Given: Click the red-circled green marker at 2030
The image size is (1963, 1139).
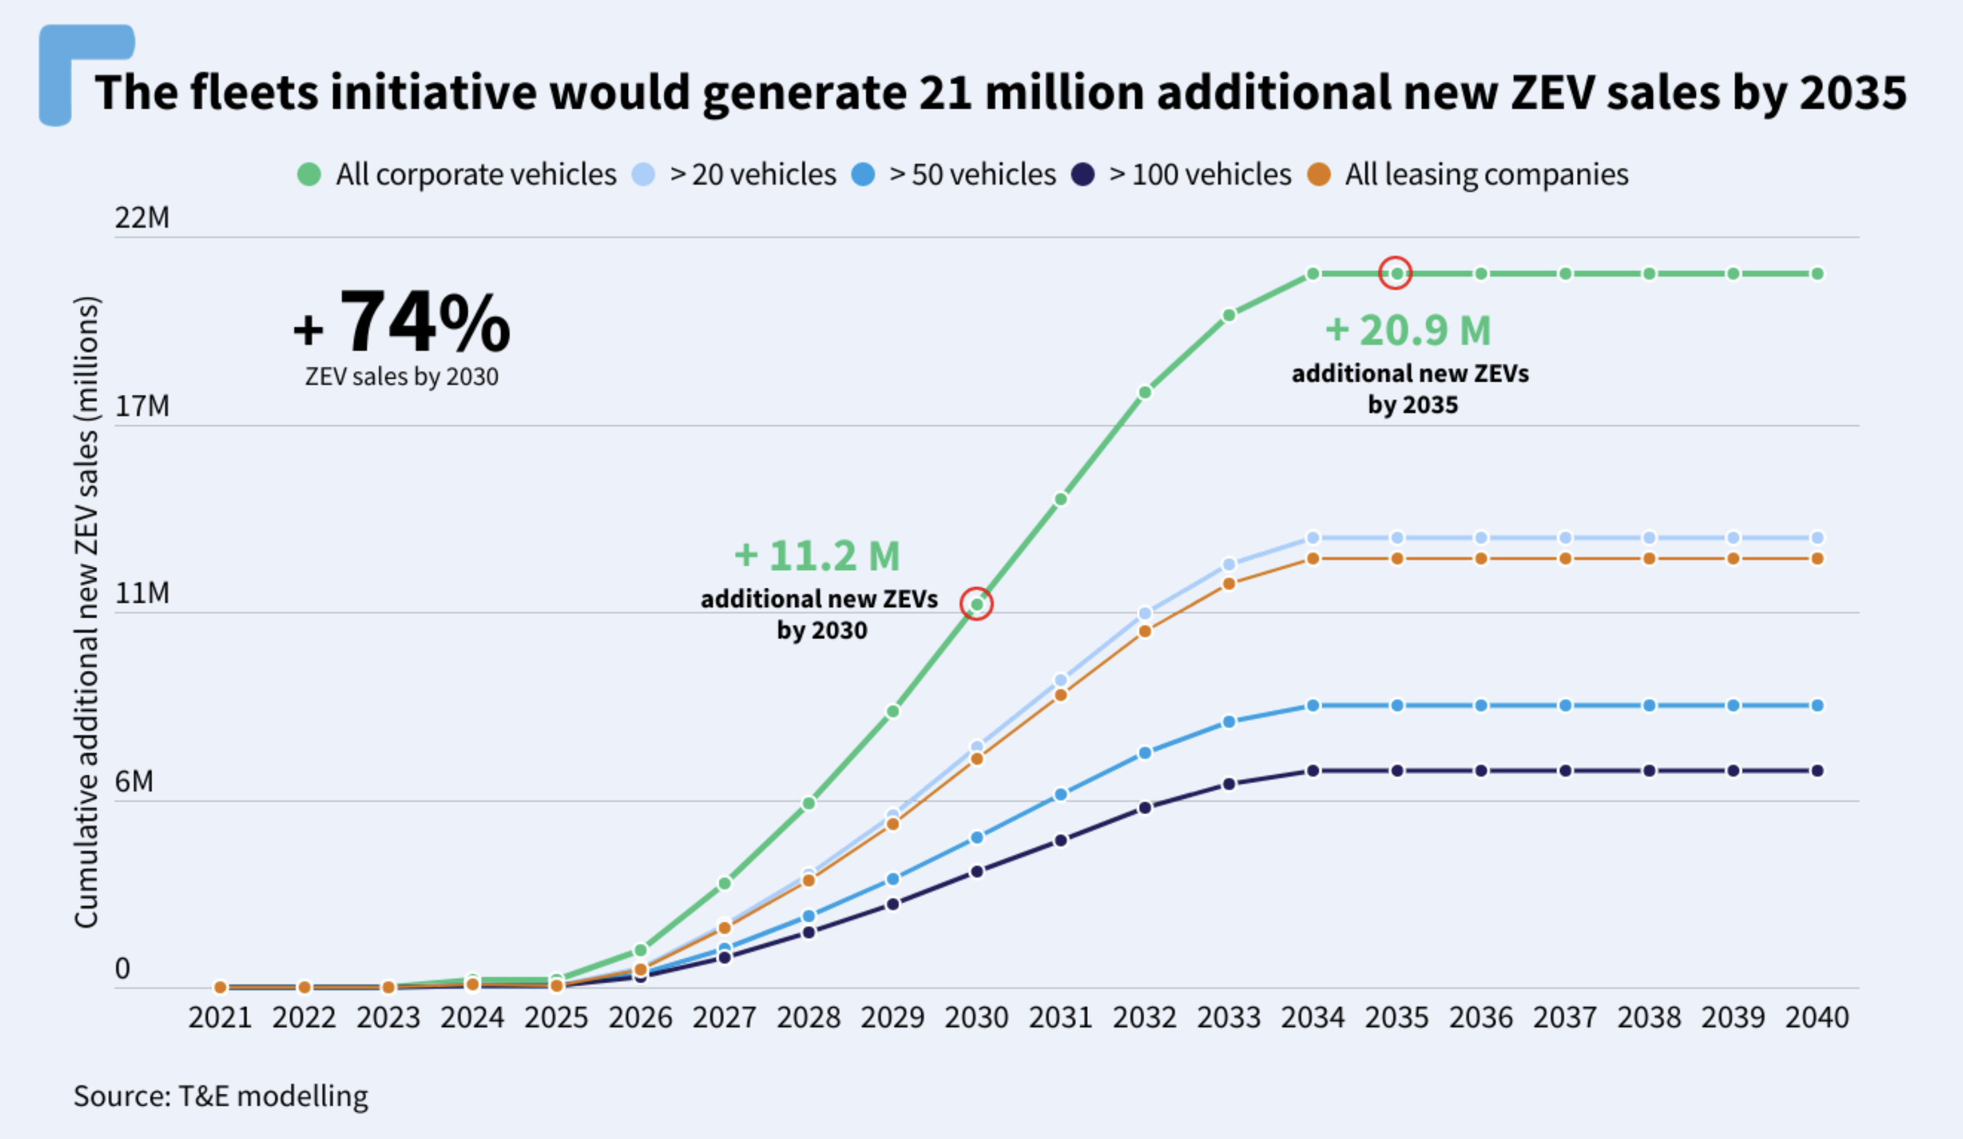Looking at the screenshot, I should click(x=976, y=604).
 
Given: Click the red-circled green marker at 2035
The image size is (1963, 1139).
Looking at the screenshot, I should click(x=1396, y=273).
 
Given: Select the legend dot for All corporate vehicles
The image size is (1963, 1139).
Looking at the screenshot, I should click(x=309, y=175).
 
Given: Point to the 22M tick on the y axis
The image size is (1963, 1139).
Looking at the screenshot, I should click(x=143, y=217).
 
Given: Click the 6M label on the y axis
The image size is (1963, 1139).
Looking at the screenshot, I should click(x=134, y=782).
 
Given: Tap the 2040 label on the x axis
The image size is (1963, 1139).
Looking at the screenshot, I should click(x=1817, y=1018).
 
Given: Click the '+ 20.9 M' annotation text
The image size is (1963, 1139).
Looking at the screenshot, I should click(x=1408, y=330).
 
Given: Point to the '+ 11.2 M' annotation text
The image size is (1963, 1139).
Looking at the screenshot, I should click(x=817, y=556).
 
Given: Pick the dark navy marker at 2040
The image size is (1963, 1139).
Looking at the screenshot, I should click(x=1817, y=770).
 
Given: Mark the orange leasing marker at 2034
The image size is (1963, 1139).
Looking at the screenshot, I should click(x=1312, y=559).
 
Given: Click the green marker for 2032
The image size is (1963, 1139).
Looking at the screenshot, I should click(x=1144, y=392).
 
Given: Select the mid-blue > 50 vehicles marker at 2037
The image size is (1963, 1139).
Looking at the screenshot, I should click(x=1565, y=705).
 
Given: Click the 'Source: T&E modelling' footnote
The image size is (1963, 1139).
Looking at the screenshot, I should click(x=220, y=1096).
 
